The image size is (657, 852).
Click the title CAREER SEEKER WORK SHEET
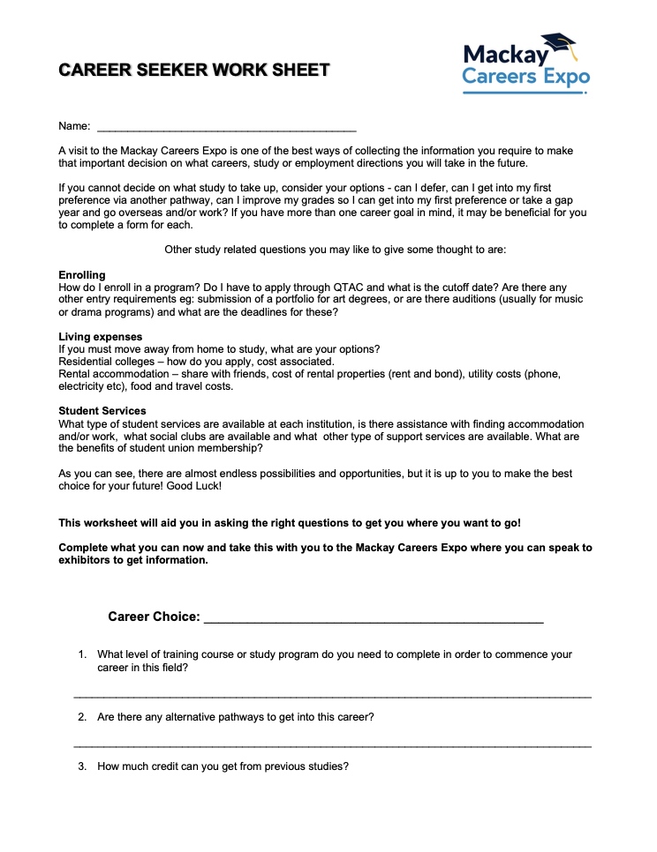tap(194, 70)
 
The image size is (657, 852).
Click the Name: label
tap(74, 127)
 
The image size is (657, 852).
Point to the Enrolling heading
tap(82, 275)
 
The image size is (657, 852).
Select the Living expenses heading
tap(100, 337)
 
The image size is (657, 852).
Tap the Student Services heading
tap(102, 411)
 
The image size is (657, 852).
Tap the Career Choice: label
tap(154, 617)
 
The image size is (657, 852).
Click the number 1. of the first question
tap(82, 654)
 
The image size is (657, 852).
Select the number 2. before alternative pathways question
tap(82, 717)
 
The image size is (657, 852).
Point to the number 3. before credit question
tap(82, 766)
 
